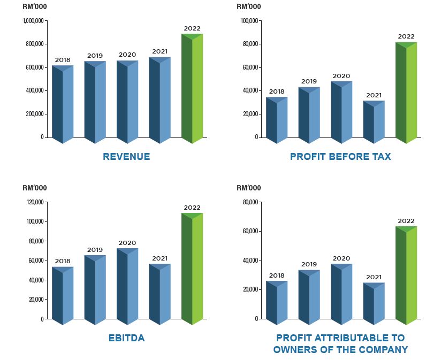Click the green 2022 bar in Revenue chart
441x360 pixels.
192,88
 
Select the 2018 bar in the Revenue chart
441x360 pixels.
63,104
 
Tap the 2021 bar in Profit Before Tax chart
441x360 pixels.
374,122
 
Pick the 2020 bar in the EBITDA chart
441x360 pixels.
127,286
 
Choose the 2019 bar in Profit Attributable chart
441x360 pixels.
309,297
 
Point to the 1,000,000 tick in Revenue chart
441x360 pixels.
34,21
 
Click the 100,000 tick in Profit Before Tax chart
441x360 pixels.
250,21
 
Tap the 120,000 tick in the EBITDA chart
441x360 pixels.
36,202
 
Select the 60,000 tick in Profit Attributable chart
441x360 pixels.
251,232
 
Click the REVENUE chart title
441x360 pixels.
126,157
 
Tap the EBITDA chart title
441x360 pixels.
126,338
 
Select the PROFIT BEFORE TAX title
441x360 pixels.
340,157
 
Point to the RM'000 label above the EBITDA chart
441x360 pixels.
35,188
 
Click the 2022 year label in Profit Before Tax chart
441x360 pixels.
406,37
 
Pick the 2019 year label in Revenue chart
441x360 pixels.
95,56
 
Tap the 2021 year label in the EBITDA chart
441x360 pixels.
159,258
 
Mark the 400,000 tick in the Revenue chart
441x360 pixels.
34,90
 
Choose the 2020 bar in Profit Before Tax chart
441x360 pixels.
341,112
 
